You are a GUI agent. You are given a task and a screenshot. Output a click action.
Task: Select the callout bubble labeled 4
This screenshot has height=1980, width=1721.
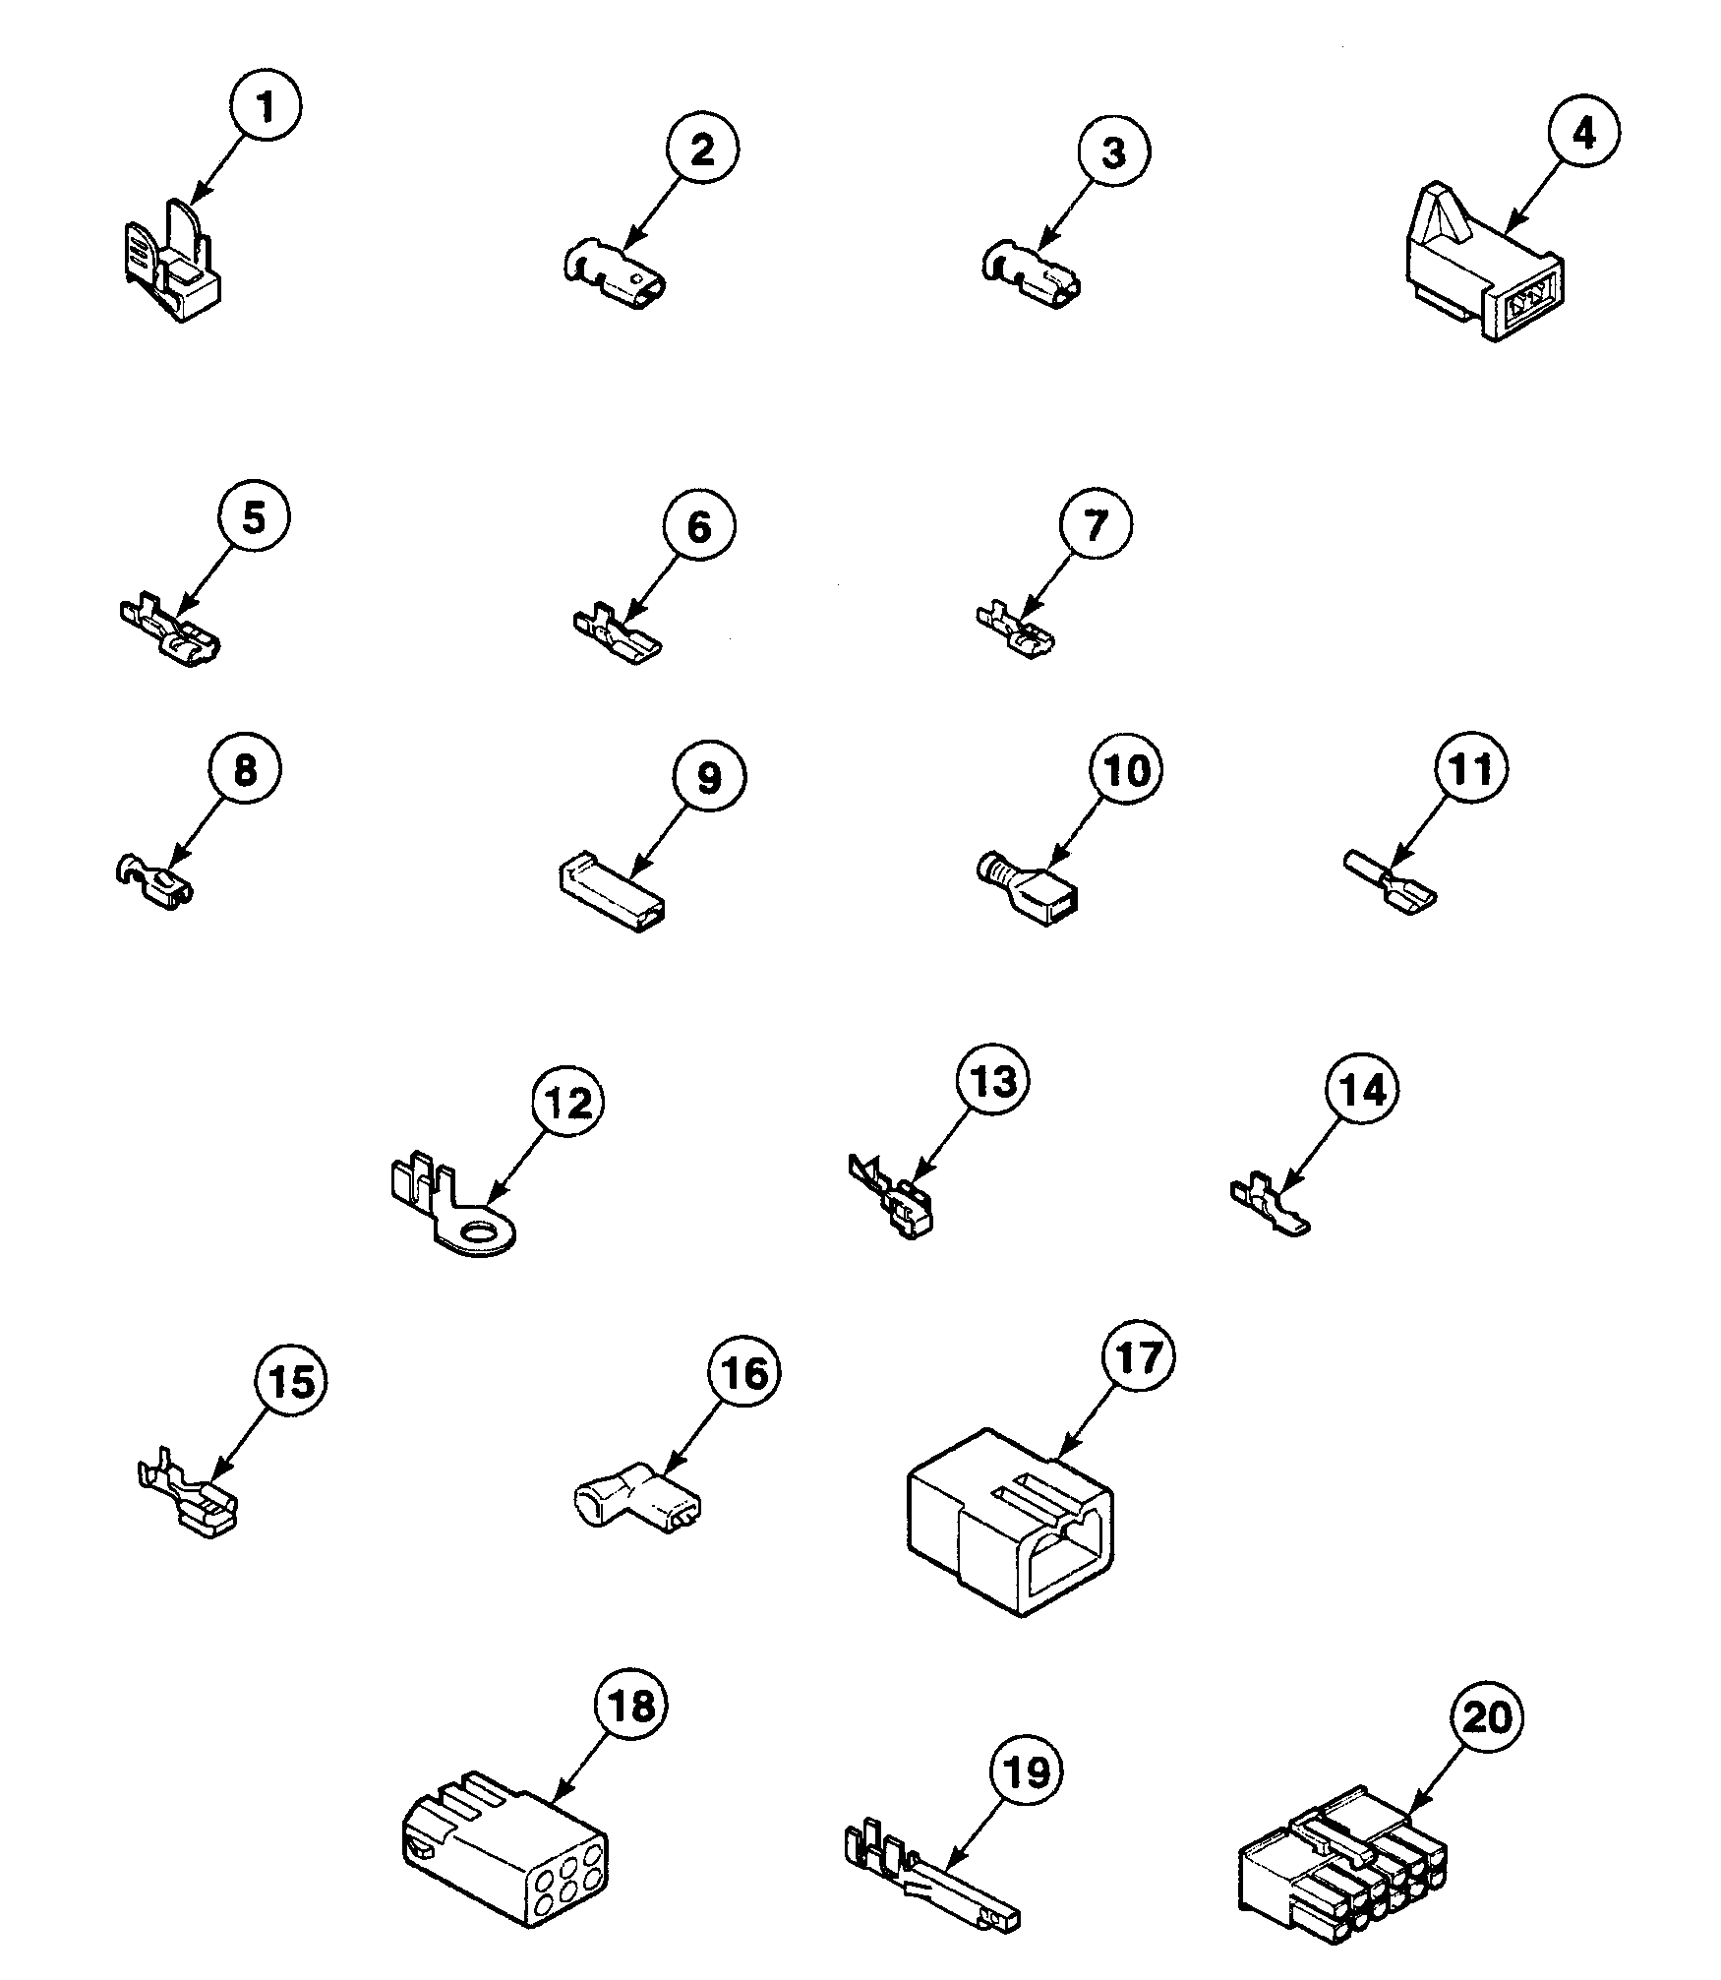(1583, 132)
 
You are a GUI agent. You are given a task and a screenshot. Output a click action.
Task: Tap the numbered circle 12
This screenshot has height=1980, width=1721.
(567, 1103)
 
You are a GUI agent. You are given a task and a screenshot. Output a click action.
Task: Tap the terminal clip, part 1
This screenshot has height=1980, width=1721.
(177, 265)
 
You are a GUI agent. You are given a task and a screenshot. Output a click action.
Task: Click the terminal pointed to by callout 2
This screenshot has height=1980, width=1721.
(615, 277)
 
